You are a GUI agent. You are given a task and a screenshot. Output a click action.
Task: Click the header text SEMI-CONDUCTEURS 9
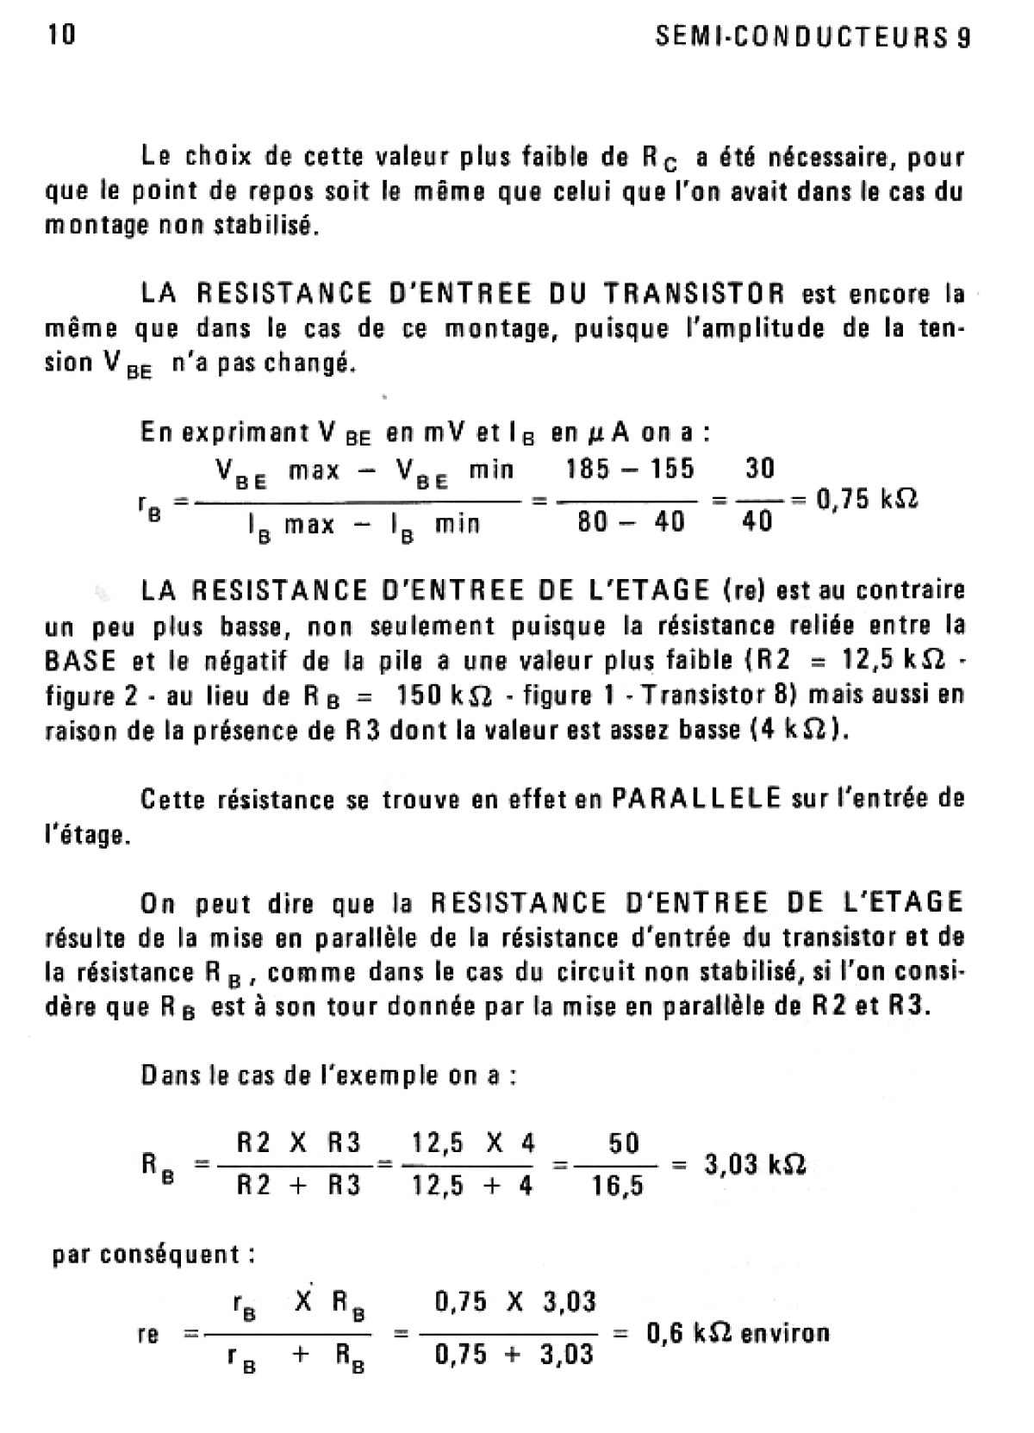click(813, 38)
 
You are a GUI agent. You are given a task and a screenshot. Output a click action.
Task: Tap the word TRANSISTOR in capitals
click(694, 294)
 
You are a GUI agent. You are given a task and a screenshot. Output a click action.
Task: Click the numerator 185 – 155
click(629, 470)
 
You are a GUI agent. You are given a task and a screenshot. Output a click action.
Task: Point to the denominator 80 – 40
click(632, 522)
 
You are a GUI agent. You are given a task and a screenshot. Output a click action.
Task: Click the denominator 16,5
click(618, 1187)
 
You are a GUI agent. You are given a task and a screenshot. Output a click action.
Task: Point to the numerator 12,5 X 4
click(473, 1143)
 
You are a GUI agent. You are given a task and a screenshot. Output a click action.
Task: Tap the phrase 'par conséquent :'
click(153, 1254)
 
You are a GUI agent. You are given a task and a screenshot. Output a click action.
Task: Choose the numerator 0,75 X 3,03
click(515, 1301)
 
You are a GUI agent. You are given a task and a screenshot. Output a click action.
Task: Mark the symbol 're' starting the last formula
click(148, 1335)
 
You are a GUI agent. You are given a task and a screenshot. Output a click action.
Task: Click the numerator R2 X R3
click(298, 1143)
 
